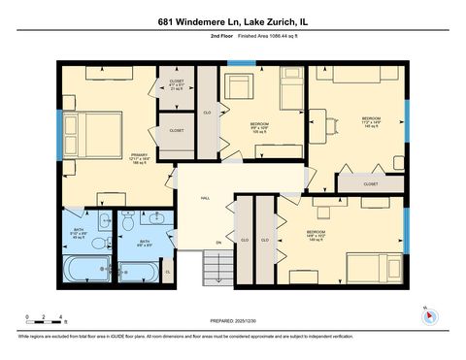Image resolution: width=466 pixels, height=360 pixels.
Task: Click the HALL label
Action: [205, 197]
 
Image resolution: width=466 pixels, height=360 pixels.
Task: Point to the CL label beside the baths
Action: [168, 273]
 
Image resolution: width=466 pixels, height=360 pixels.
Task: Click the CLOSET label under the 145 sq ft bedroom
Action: [370, 182]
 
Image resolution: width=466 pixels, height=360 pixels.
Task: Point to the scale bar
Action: [46, 319]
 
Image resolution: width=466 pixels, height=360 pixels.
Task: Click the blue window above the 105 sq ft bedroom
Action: [240, 64]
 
